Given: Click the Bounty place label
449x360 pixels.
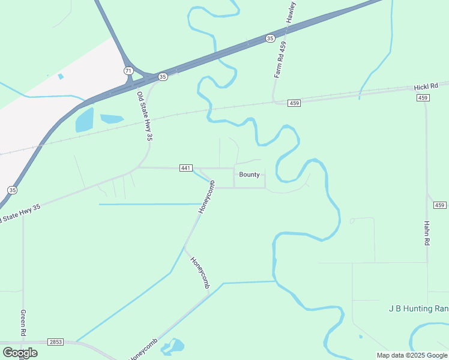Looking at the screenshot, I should (249, 175).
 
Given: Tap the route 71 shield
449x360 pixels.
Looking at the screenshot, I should (128, 71).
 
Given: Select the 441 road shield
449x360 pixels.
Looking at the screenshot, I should (185, 168).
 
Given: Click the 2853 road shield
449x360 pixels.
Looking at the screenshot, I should (55, 341).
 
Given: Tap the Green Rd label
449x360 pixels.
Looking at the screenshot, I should (23, 323).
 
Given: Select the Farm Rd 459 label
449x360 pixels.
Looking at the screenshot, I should (279, 59).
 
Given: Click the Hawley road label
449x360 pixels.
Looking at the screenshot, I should (292, 12).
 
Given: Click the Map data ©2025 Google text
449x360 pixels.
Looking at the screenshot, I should (412, 355).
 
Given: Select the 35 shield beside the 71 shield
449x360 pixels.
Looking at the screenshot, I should (163, 77).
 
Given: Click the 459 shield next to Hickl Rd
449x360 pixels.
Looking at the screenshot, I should (424, 98).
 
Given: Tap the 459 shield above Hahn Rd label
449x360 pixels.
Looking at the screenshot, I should (441, 205).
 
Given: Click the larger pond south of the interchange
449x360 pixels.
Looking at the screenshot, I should (85, 120).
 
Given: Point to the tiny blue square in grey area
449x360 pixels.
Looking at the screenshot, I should (61, 77).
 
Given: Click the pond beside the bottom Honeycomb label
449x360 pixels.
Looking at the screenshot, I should (173, 346).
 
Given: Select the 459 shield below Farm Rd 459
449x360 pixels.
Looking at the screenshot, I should (294, 103).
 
